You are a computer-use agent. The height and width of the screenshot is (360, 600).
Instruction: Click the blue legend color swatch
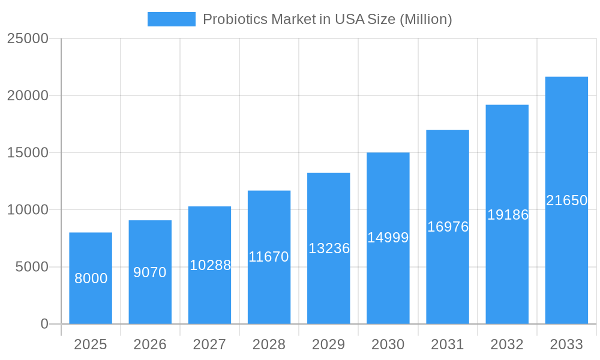(171, 19)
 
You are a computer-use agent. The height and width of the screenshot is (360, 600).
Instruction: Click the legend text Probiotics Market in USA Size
(327, 19)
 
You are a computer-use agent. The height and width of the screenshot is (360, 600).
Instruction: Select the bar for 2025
(91, 278)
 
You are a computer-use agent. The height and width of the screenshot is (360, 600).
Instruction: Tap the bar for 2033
(566, 200)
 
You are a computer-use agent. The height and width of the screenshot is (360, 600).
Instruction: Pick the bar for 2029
(329, 248)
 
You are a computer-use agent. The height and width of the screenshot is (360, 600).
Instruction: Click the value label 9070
(150, 272)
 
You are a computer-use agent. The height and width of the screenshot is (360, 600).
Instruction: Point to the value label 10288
(210, 265)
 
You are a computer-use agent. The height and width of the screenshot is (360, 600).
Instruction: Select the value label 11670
(269, 257)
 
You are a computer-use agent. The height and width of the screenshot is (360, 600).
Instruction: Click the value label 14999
(388, 238)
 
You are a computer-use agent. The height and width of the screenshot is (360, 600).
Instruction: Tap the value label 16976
(448, 227)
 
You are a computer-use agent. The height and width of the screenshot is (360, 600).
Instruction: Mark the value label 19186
(508, 215)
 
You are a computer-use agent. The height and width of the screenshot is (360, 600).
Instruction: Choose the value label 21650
(566, 200)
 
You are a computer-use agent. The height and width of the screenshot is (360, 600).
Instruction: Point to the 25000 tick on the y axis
(27, 38)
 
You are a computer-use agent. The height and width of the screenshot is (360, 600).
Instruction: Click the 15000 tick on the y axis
(27, 152)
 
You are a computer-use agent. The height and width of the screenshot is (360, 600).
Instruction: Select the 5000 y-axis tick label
(31, 267)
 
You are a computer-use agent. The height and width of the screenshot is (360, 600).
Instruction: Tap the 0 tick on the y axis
(44, 324)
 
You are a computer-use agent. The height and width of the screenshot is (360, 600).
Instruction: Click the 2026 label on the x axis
(150, 344)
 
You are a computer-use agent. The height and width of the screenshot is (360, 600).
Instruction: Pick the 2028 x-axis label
(269, 344)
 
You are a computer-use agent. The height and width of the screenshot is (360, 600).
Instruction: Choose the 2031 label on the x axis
(448, 344)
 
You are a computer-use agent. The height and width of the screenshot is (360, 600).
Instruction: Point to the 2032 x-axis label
(507, 344)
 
